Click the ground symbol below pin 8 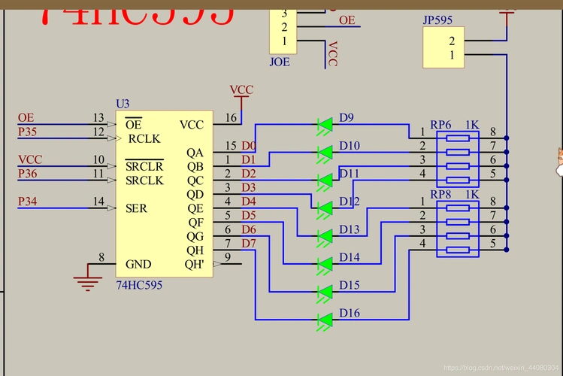[x=88, y=283]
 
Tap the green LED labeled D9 [x=325, y=124]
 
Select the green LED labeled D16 [x=325, y=320]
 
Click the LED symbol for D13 [x=325, y=236]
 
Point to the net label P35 [x=26, y=132]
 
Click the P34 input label [x=26, y=201]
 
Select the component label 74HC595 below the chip [x=139, y=286]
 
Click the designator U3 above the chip [x=123, y=103]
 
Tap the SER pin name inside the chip [x=137, y=208]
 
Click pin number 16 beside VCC [x=230, y=118]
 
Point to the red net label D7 [x=248, y=244]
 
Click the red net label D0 [x=248, y=145]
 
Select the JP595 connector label [x=437, y=20]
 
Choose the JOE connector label [x=279, y=62]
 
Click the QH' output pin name [x=194, y=264]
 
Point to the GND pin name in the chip [x=138, y=264]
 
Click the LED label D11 [x=350, y=174]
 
